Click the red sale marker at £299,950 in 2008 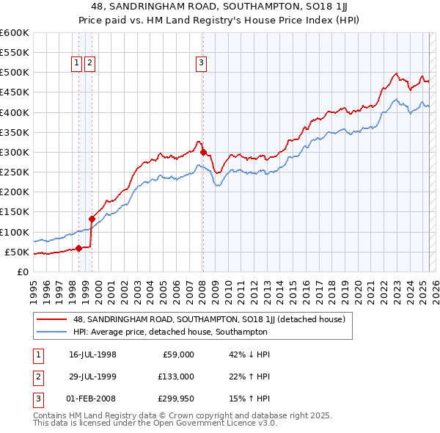point(203,153)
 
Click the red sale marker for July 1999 point(92,218)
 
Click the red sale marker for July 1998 point(78,248)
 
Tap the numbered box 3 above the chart point(201,63)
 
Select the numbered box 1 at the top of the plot point(76,63)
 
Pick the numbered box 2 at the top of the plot point(89,63)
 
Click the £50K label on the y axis point(17,252)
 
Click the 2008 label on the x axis point(202,286)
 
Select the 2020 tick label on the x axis point(358,286)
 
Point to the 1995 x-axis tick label point(34,286)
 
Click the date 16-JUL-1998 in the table point(92,355)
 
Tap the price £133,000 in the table point(177,376)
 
